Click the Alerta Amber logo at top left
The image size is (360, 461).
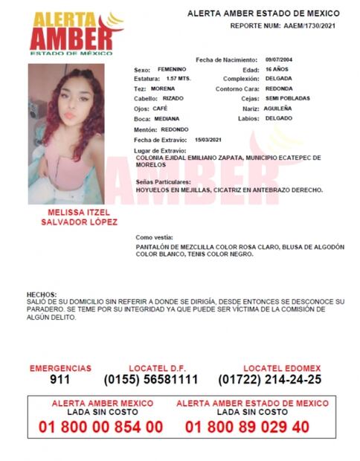71,33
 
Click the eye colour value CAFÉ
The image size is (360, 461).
161,109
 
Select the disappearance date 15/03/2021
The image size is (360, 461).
209,139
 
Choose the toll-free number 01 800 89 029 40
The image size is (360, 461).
248,427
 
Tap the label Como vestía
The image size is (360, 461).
152,237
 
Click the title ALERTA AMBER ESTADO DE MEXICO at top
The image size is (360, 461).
263,13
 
